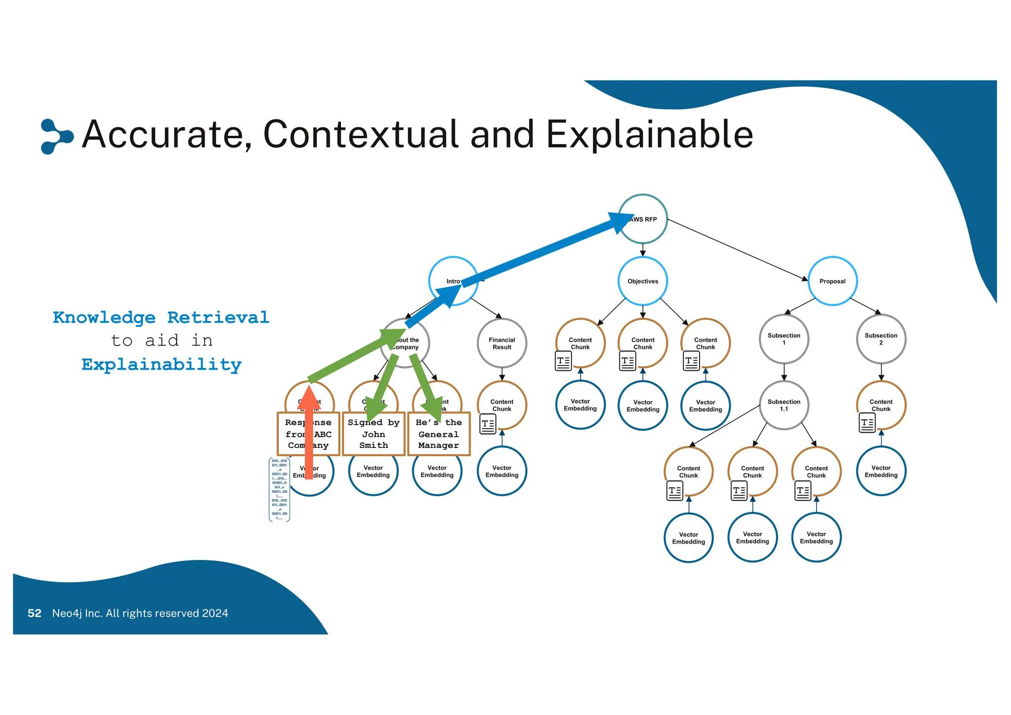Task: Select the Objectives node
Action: tap(643, 281)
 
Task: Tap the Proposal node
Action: tap(832, 281)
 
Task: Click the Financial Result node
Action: tap(502, 343)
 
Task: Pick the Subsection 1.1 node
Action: tap(783, 405)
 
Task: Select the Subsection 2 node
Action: tap(881, 339)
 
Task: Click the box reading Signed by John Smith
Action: tap(373, 434)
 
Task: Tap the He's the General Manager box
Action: tap(438, 434)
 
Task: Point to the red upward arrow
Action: tap(309, 435)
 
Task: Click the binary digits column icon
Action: tap(279, 489)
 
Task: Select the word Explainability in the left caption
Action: tap(161, 364)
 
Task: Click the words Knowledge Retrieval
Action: tap(161, 318)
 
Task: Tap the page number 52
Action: tap(35, 613)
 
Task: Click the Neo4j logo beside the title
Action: tap(55, 136)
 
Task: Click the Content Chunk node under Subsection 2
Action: tap(881, 405)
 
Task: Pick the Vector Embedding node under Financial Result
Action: tap(502, 471)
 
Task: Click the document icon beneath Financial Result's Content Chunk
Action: tap(488, 424)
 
